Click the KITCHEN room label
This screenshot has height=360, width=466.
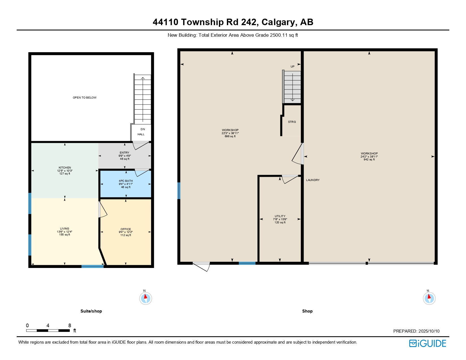click(65, 168)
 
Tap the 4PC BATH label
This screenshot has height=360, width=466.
click(126, 181)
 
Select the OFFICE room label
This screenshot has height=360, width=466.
click(126, 229)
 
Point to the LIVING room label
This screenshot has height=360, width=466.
click(65, 228)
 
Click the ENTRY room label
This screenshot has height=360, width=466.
click(125, 153)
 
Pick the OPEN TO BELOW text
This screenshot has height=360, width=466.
click(85, 98)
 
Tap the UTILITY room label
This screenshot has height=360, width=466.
click(280, 216)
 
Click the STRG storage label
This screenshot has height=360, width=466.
click(292, 122)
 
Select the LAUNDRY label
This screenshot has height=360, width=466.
click(313, 180)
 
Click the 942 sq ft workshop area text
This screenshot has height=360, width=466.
click(369, 160)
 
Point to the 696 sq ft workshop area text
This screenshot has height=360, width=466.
click(230, 136)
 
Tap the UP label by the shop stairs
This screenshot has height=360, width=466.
click(293, 66)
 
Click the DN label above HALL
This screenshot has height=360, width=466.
click(143, 129)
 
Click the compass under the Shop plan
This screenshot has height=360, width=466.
click(429, 298)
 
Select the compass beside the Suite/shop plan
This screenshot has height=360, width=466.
click(146, 298)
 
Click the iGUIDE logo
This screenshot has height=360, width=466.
click(427, 343)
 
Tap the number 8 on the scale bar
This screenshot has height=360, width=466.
click(70, 326)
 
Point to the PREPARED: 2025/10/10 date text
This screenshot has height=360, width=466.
click(416, 331)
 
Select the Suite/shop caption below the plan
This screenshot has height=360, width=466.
click(91, 311)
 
